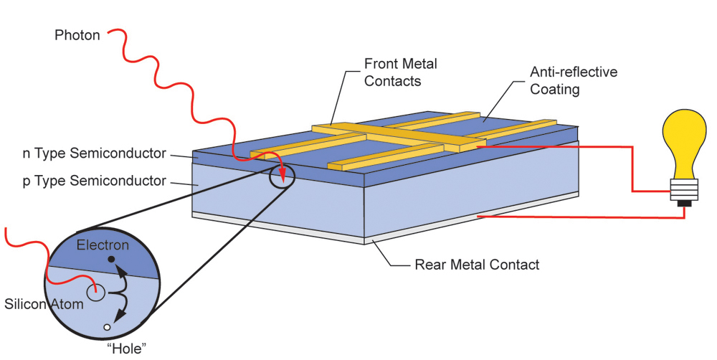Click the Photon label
coord(77,35)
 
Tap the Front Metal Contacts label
coord(400,72)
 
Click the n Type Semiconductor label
coord(94,153)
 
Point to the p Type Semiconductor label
coord(94,181)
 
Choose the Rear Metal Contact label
coord(477,265)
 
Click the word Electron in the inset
coord(103,245)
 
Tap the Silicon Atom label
coord(44,304)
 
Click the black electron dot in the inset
coord(111,258)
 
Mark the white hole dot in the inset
coord(108,327)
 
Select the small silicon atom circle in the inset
coord(96,292)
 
